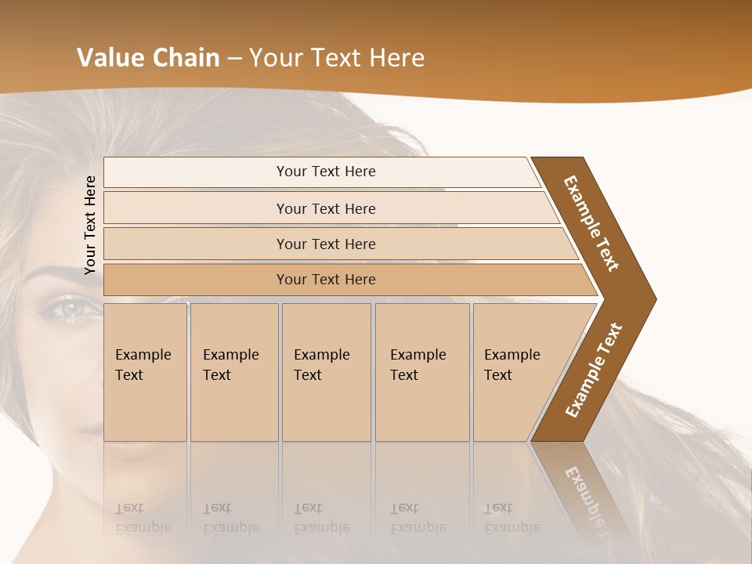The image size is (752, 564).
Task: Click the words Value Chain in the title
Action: pos(148,58)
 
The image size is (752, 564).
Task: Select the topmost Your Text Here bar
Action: pos(325,172)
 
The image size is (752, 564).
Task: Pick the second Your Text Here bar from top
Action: pos(325,208)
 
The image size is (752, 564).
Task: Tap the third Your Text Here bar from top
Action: pos(325,244)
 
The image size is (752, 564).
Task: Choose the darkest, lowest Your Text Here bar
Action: pos(325,280)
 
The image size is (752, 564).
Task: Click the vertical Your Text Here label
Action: pos(91,225)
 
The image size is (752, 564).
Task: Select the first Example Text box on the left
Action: pos(145,372)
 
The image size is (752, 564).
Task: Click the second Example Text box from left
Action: pos(234,372)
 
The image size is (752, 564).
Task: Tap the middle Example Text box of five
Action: pos(326,372)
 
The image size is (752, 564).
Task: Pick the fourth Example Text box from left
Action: pos(422,372)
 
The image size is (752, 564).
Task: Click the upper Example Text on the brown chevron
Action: pos(591,223)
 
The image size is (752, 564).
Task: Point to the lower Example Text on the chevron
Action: pos(594,370)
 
